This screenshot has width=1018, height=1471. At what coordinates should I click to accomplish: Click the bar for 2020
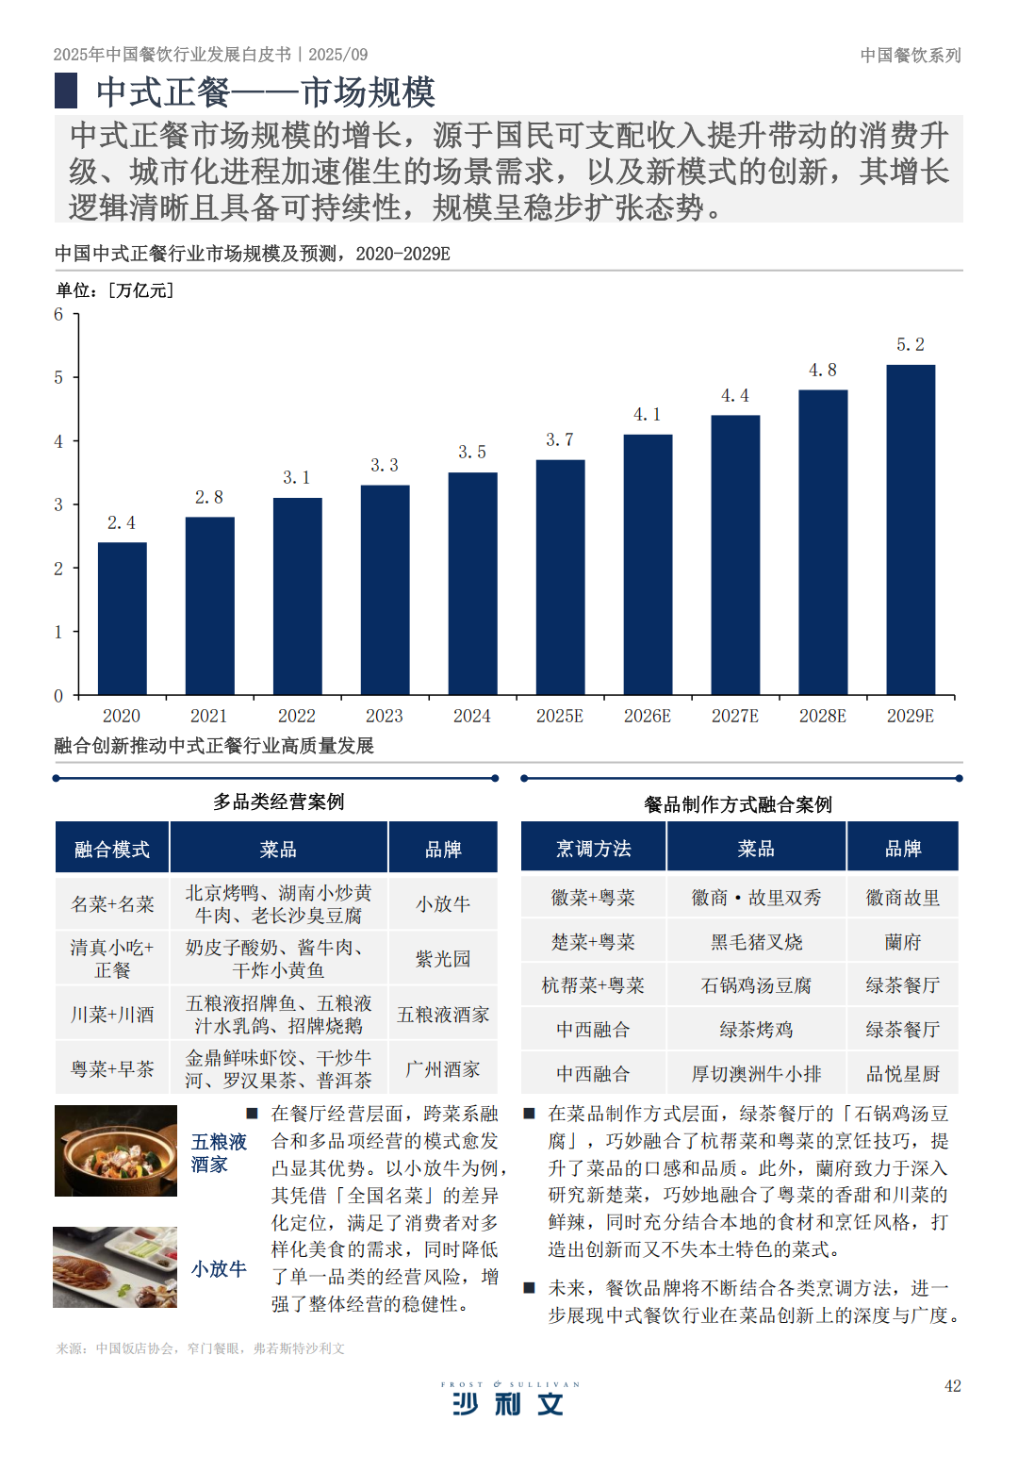click(x=122, y=619)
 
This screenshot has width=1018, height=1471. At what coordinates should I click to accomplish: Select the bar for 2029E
click(x=911, y=530)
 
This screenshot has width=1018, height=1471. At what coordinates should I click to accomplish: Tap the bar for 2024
click(x=472, y=584)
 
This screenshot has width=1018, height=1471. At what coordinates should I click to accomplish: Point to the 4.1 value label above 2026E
click(x=647, y=415)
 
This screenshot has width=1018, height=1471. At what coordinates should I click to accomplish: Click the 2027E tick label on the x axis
click(x=735, y=717)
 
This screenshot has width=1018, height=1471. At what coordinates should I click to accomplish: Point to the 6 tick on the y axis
click(x=58, y=315)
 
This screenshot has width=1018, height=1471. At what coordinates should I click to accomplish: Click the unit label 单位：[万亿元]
click(x=114, y=290)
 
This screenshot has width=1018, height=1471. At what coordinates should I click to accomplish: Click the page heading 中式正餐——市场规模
click(x=265, y=92)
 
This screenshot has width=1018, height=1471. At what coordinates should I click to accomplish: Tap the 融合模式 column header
click(x=112, y=849)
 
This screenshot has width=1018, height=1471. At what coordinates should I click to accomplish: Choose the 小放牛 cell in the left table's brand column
click(x=443, y=904)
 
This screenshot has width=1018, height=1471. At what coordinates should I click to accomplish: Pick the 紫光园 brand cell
click(x=443, y=959)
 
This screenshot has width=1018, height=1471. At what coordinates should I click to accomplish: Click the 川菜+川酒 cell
click(x=112, y=1015)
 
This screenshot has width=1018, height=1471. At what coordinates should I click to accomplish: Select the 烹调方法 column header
click(x=594, y=849)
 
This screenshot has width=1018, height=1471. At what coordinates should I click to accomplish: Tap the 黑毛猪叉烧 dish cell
click(x=756, y=942)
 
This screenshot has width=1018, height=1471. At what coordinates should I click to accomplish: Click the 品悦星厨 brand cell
click(x=903, y=1074)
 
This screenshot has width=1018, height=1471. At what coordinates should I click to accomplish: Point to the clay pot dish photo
click(x=116, y=1151)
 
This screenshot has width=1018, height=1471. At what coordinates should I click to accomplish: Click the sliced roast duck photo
click(x=115, y=1267)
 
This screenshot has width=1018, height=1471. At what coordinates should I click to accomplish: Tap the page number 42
click(x=953, y=1386)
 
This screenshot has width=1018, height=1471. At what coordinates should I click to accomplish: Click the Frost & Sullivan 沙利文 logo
click(x=509, y=1399)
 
